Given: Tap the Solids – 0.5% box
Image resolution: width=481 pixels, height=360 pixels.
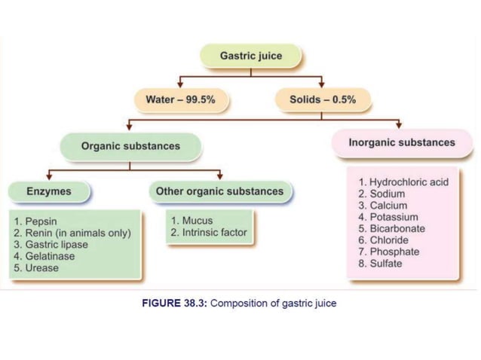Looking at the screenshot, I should click(x=322, y=100).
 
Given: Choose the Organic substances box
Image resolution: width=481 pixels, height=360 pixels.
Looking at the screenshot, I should click(x=130, y=146).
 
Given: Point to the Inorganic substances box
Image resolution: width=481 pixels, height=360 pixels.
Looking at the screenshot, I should click(x=401, y=142).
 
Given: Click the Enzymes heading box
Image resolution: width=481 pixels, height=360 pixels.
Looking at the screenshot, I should click(x=49, y=191).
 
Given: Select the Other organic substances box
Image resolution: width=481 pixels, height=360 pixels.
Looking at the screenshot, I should click(x=219, y=191).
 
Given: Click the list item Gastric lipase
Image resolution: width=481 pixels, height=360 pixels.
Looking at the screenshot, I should click(x=55, y=245).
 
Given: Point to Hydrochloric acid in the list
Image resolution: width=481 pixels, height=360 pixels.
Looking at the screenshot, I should click(x=408, y=183).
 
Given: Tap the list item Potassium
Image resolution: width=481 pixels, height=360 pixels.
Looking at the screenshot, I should click(x=393, y=217).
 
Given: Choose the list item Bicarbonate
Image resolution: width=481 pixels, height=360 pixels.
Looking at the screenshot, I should click(x=397, y=228).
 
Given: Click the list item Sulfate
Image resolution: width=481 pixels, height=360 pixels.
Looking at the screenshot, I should click(x=385, y=263).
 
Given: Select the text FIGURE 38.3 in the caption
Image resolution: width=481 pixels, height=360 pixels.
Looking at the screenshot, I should click(x=175, y=304).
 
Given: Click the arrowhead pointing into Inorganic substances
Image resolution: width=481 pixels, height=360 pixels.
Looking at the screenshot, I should click(x=399, y=125).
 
